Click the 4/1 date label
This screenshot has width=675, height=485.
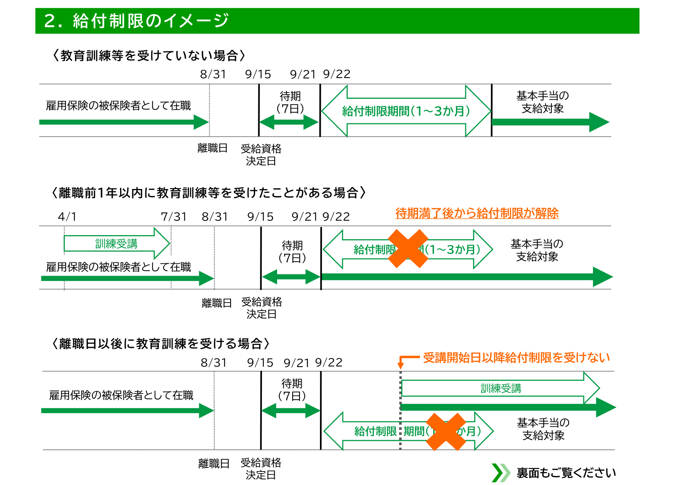(67, 216)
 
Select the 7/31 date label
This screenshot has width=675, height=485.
(173, 216)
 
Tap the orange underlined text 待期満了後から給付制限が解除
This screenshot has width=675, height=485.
(477, 213)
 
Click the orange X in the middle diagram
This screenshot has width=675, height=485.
(408, 249)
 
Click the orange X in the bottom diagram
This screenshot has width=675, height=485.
(446, 432)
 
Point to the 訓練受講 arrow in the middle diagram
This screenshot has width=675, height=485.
(116, 244)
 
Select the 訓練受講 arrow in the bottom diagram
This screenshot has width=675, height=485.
(500, 388)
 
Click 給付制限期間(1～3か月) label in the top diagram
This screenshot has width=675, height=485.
(406, 111)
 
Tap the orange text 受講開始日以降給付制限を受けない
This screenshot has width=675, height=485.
(516, 358)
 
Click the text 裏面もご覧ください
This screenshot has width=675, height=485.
(566, 473)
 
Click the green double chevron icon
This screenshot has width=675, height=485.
(501, 473)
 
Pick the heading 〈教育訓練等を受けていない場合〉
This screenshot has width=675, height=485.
(149, 56)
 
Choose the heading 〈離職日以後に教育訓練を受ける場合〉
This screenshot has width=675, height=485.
(161, 344)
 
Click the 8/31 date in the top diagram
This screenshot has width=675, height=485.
(213, 74)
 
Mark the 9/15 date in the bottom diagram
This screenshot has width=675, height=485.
(260, 363)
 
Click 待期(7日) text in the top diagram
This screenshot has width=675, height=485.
(290, 102)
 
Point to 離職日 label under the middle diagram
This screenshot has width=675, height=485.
(217, 303)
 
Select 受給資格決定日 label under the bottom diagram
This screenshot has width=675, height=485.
(261, 469)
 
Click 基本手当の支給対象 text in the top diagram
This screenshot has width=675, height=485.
(542, 102)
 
